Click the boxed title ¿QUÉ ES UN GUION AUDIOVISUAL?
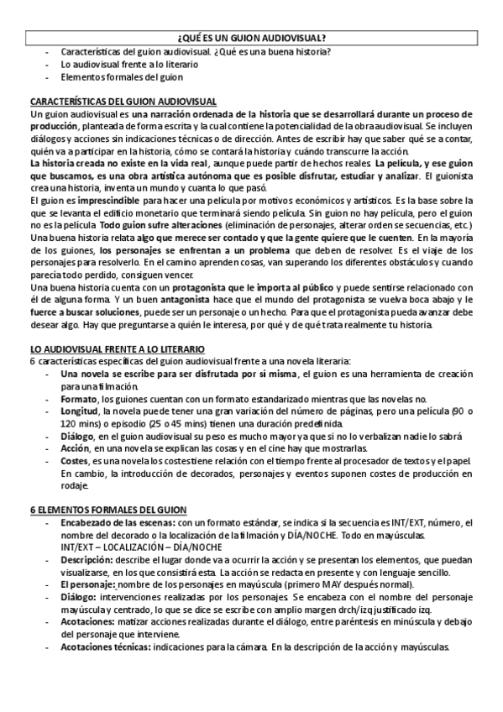pos(252,38)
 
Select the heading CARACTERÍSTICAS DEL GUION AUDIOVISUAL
pos(123,100)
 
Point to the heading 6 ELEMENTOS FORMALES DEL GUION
pos(108,510)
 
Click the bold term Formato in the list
pos(78,399)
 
